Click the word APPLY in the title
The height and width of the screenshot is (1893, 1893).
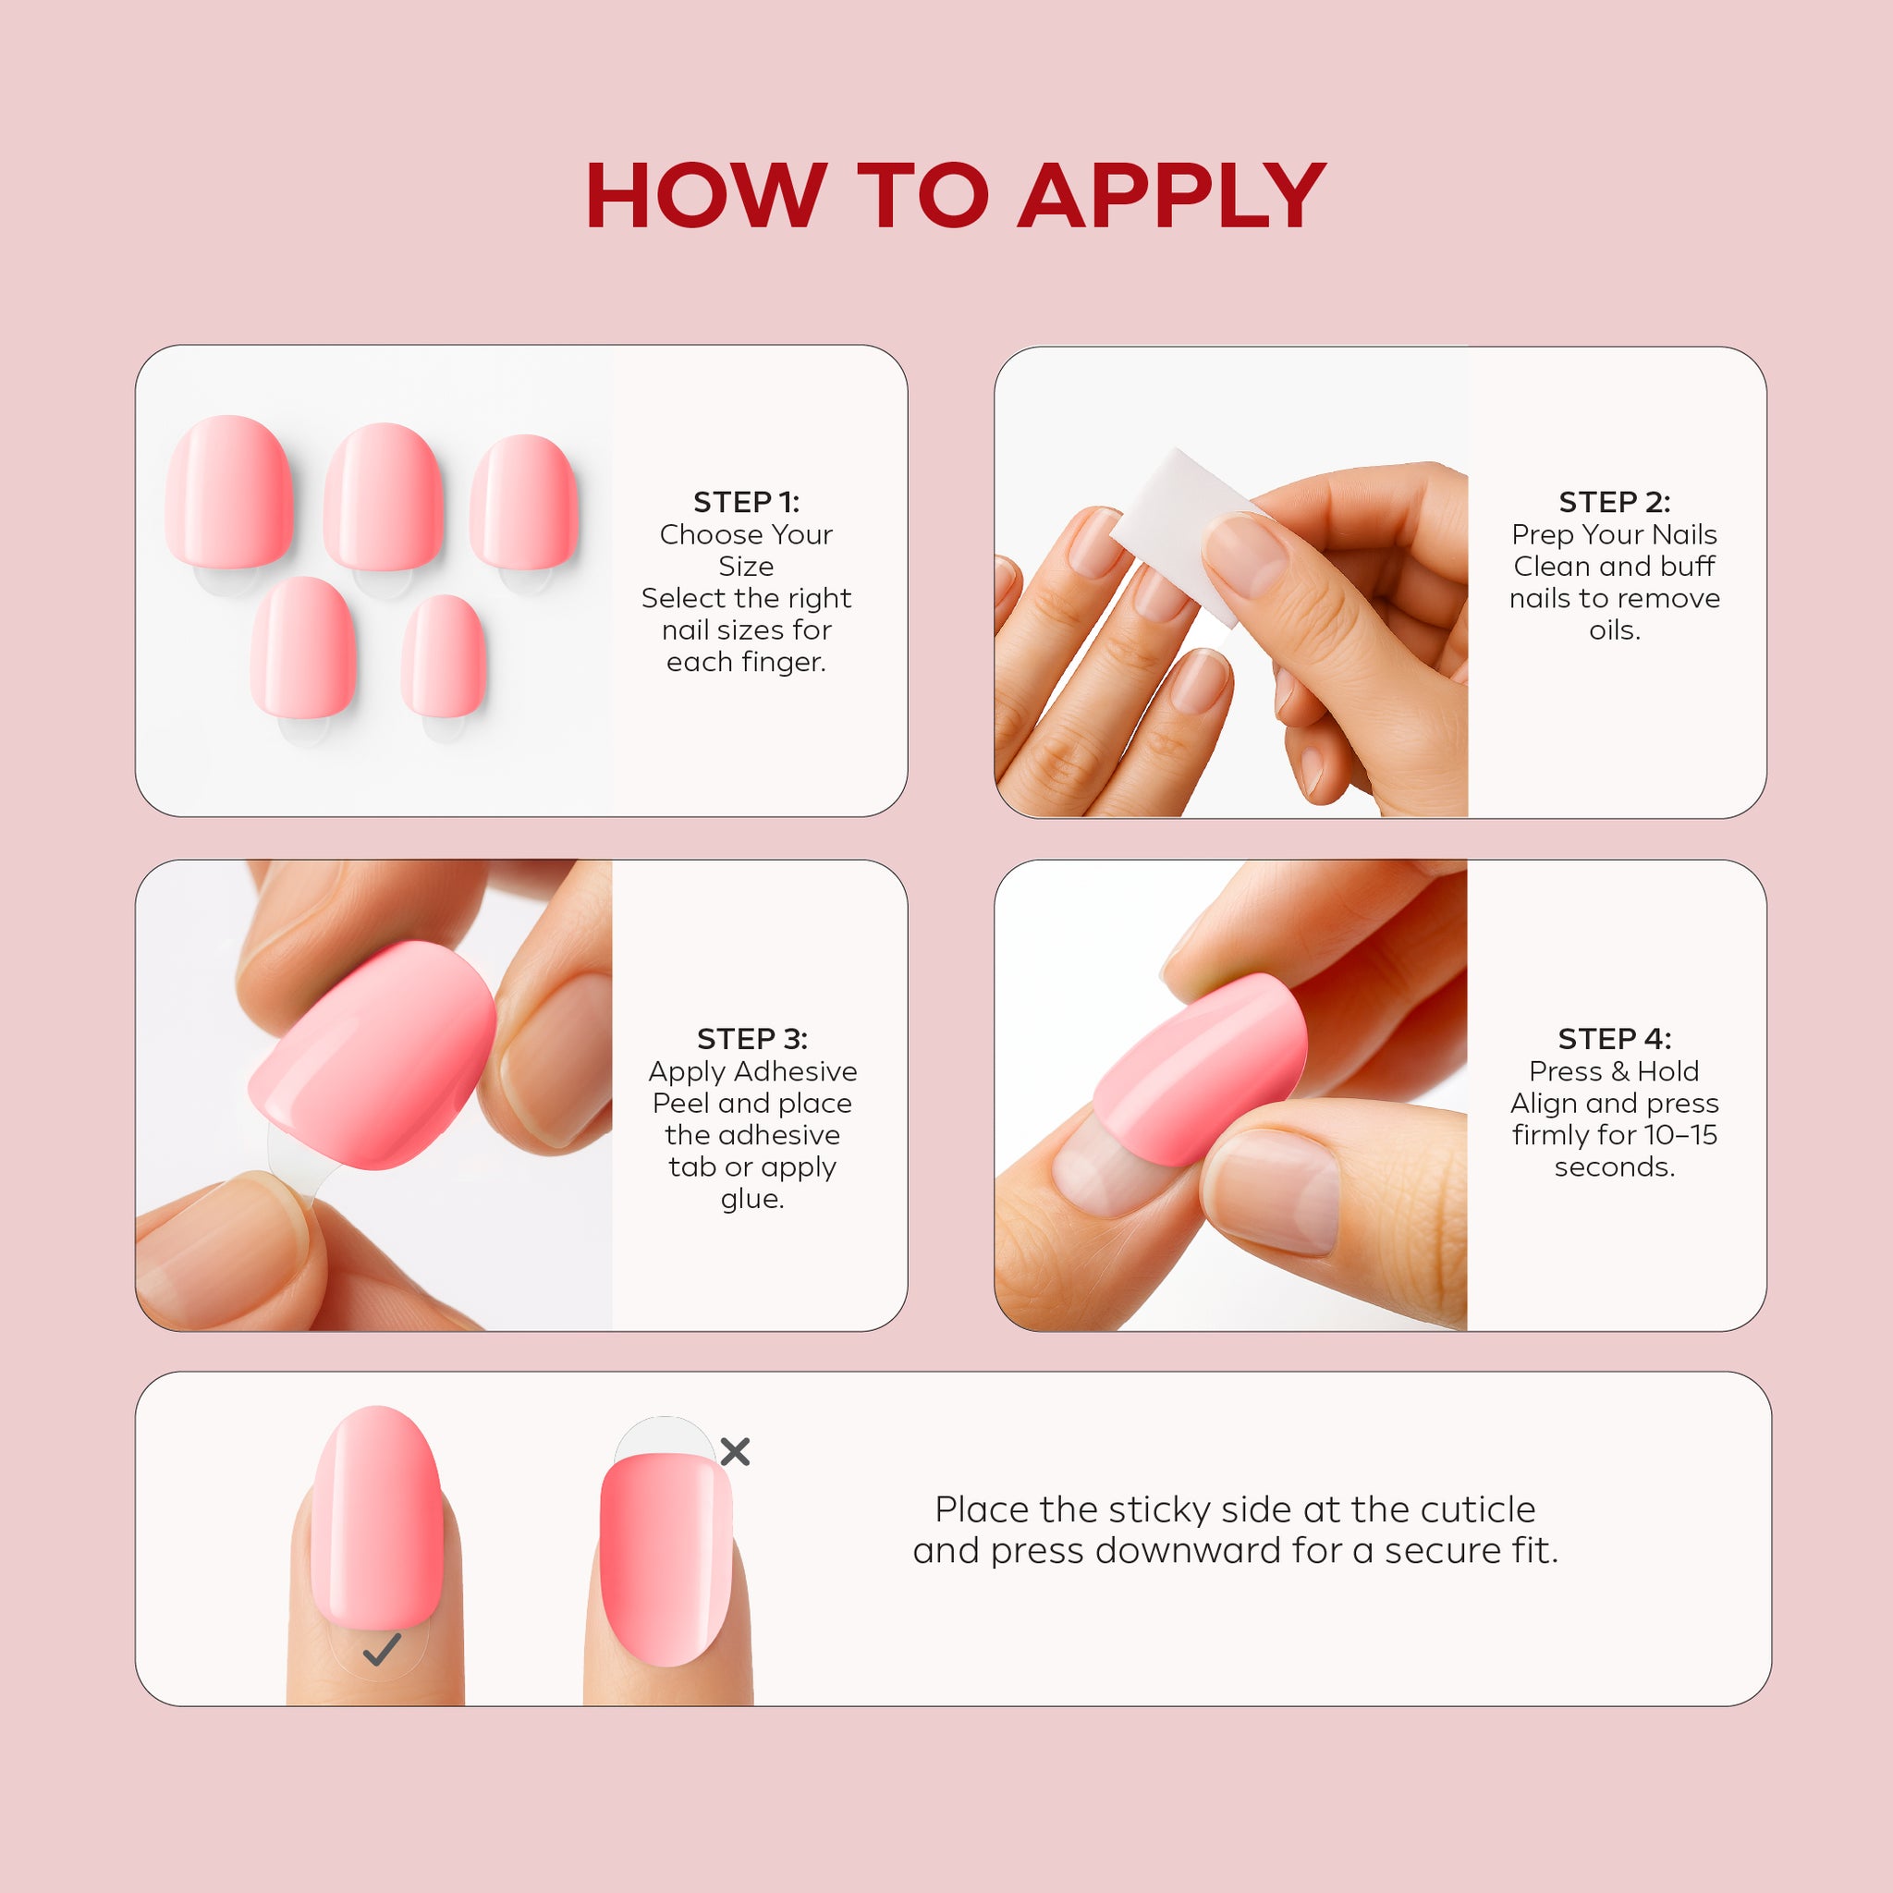pos(1172,196)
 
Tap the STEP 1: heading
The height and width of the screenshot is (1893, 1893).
pos(747,502)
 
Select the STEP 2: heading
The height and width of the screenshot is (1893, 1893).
pos(1615,502)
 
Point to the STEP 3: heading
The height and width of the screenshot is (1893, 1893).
pos(752,1039)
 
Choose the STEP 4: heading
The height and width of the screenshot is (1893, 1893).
pos(1615,1039)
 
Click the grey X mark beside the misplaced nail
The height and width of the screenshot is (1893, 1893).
pos(735,1451)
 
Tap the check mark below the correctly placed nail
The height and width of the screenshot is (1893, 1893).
pos(381,1650)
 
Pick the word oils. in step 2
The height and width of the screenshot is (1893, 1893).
pos(1615,630)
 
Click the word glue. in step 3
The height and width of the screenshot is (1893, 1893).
pos(752,1199)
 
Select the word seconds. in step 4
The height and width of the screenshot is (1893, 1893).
pos(1615,1167)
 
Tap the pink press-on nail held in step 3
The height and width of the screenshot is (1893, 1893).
pos(372,1056)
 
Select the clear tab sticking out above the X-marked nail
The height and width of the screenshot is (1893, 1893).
pos(665,1436)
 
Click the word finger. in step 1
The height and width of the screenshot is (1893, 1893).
pos(747,663)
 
